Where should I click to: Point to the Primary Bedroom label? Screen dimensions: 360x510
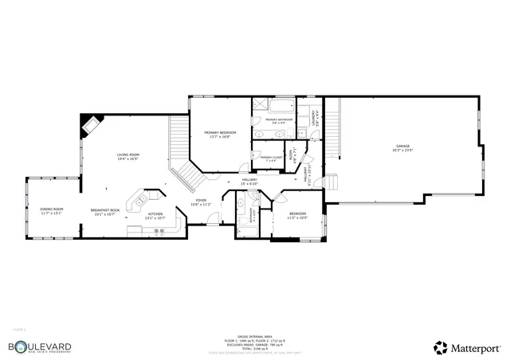pos(217,134)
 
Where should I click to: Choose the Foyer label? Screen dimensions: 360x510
pos(201,202)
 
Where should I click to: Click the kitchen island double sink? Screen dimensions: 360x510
pos(141,201)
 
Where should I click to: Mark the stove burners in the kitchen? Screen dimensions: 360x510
pos(159,232)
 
